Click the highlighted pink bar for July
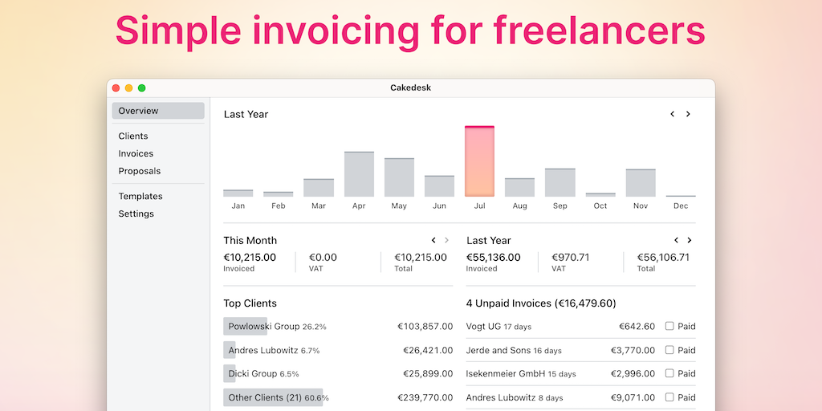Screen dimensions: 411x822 [x=479, y=161]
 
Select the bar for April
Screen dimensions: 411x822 [x=359, y=174]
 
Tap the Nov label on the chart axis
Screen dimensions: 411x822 [x=641, y=206]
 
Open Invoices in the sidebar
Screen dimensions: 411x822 [x=136, y=153]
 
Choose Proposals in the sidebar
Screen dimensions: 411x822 [x=140, y=171]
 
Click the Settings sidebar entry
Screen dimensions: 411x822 [x=136, y=214]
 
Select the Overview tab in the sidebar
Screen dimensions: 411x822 [x=139, y=111]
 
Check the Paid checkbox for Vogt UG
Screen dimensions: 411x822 [x=669, y=327]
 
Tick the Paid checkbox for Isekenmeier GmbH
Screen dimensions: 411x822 [x=669, y=373]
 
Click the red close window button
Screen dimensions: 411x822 [x=116, y=88]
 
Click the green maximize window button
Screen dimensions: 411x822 [x=142, y=88]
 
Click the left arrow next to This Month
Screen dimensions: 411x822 [x=433, y=240]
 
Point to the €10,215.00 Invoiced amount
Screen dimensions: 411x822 [x=250, y=258]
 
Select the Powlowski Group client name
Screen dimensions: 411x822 [x=264, y=327]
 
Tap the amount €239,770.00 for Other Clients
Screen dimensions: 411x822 [x=425, y=397]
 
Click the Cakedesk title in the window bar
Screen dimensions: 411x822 [x=410, y=88]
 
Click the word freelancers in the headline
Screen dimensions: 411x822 [x=599, y=31]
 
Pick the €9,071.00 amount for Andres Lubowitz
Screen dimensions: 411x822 [x=633, y=397]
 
